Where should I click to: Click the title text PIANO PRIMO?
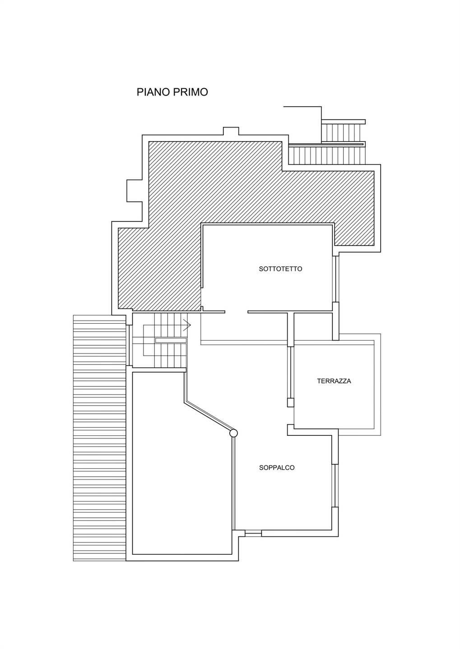pyautogui.click(x=172, y=92)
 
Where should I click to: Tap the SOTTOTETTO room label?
pyautogui.click(x=276, y=269)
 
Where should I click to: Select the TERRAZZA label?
pyautogui.click(x=334, y=381)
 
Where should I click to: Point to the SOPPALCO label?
pyautogui.click(x=277, y=468)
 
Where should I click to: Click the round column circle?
pyautogui.click(x=233, y=433)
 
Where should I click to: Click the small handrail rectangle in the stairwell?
pyautogui.click(x=171, y=340)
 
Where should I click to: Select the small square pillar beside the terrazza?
pyautogui.click(x=291, y=403)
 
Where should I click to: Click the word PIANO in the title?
pyautogui.click(x=153, y=92)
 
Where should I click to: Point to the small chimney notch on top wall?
pyautogui.click(x=231, y=131)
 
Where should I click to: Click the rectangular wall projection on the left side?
pyautogui.click(x=135, y=191)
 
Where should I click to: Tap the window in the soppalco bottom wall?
pyautogui.click(x=253, y=533)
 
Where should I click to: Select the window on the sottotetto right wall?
pyautogui.click(x=335, y=279)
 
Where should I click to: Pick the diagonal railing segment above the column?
pyautogui.click(x=209, y=416)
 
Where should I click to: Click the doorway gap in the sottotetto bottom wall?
pyautogui.click(x=236, y=312)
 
